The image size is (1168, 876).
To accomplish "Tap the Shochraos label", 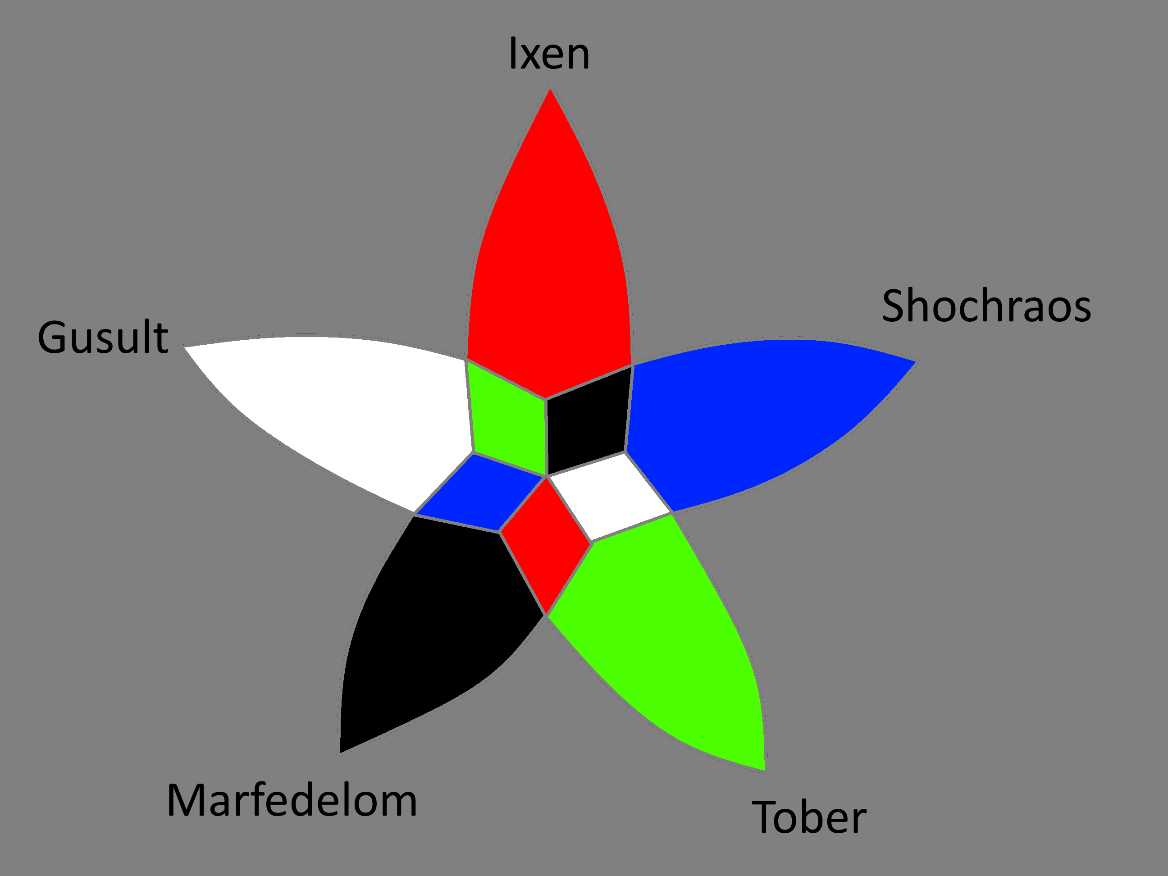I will tap(986, 306).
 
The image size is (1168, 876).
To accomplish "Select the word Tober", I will tap(809, 817).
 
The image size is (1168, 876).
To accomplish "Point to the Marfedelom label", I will tap(292, 800).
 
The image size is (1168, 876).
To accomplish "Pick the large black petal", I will tap(433, 618).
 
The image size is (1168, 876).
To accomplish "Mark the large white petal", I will tap(343, 406).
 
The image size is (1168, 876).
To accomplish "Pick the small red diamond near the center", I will tap(545, 544).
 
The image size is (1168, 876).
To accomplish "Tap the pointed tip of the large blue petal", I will tap(914, 362).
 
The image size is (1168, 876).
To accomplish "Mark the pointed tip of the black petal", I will tap(341, 751).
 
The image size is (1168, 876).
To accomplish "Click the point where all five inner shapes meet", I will tap(547, 476).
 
